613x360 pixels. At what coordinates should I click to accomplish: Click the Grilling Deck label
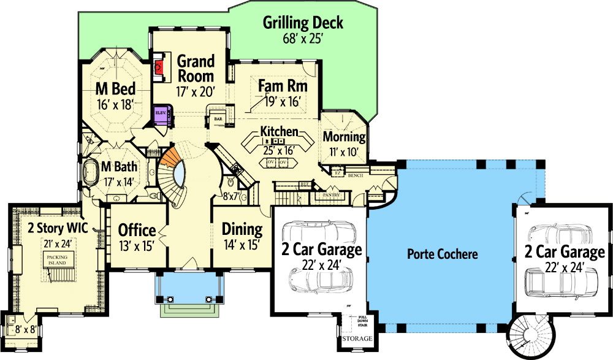point(303,23)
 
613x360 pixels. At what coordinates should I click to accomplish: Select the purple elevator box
point(161,114)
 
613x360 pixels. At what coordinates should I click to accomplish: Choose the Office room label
point(137,231)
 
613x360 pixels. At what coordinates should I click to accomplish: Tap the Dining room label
point(242,230)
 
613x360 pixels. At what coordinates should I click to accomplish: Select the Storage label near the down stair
point(357,339)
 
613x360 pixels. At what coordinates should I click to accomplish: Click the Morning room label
point(344,136)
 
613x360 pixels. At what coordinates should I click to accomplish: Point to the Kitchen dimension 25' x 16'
point(279,148)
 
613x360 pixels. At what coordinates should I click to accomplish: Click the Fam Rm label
point(282,86)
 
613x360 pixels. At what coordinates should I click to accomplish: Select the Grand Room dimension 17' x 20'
point(196,93)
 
